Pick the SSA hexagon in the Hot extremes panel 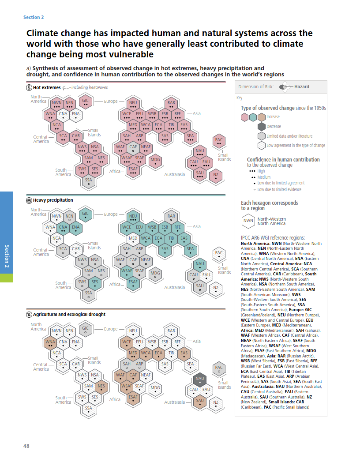tap(89, 181)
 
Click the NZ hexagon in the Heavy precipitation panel tap(216, 289)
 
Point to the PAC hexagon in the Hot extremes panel tap(219, 141)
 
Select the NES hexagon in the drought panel tap(101, 387)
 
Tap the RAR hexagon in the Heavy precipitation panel tap(171, 217)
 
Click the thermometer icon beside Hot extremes tap(29, 88)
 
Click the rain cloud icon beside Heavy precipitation tap(29, 200)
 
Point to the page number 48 tap(26, 446)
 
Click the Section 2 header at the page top tap(34, 17)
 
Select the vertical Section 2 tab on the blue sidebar tap(7, 256)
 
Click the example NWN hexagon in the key tap(248, 221)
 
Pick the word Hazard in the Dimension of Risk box tap(302, 87)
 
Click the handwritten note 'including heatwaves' tap(90, 87)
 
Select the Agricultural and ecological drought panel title tap(69, 315)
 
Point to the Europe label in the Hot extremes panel tap(111, 101)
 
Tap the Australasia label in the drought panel tap(174, 402)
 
